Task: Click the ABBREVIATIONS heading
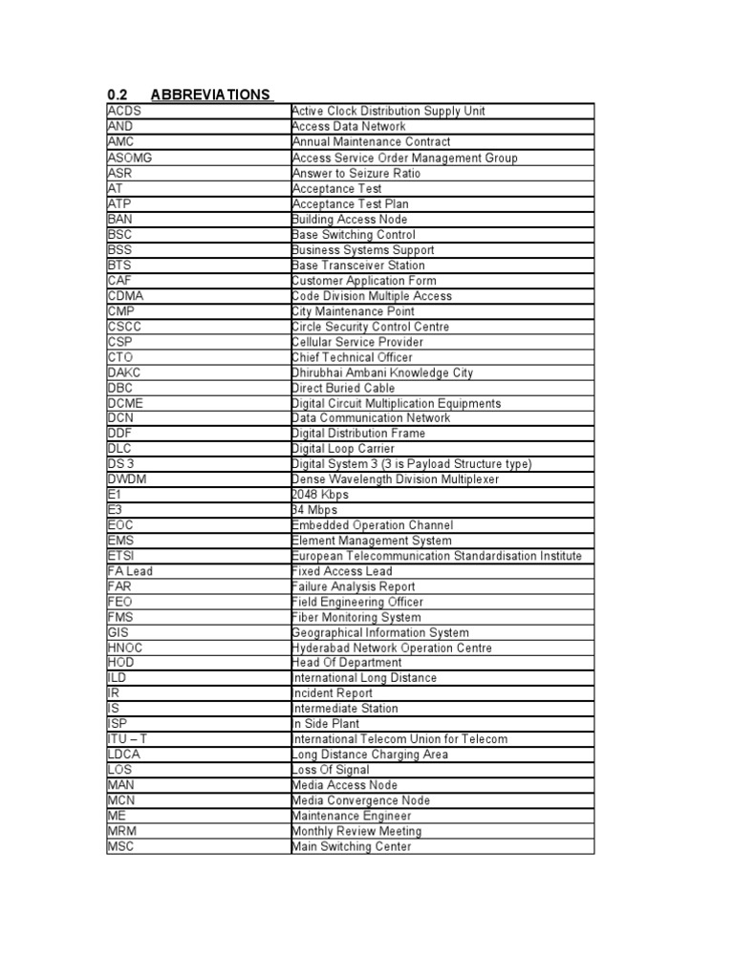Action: (210, 95)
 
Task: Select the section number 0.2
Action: (117, 95)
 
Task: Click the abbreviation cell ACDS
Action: (124, 111)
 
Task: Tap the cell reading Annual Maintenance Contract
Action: (371, 142)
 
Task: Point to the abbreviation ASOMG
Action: (130, 158)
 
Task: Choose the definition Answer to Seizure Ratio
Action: (356, 173)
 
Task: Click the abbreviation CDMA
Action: (126, 296)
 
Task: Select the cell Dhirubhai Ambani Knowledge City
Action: (382, 372)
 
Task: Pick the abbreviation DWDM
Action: (128, 479)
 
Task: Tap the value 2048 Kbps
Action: (320, 495)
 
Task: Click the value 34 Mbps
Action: (315, 510)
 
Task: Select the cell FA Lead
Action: (130, 571)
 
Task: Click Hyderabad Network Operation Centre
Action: (392, 648)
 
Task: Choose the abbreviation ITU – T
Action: (128, 739)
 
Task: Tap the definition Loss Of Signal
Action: (331, 770)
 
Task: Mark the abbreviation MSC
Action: (122, 846)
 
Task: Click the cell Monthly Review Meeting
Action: (356, 831)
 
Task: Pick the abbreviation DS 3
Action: (121, 464)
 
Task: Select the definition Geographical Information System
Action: (380, 632)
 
